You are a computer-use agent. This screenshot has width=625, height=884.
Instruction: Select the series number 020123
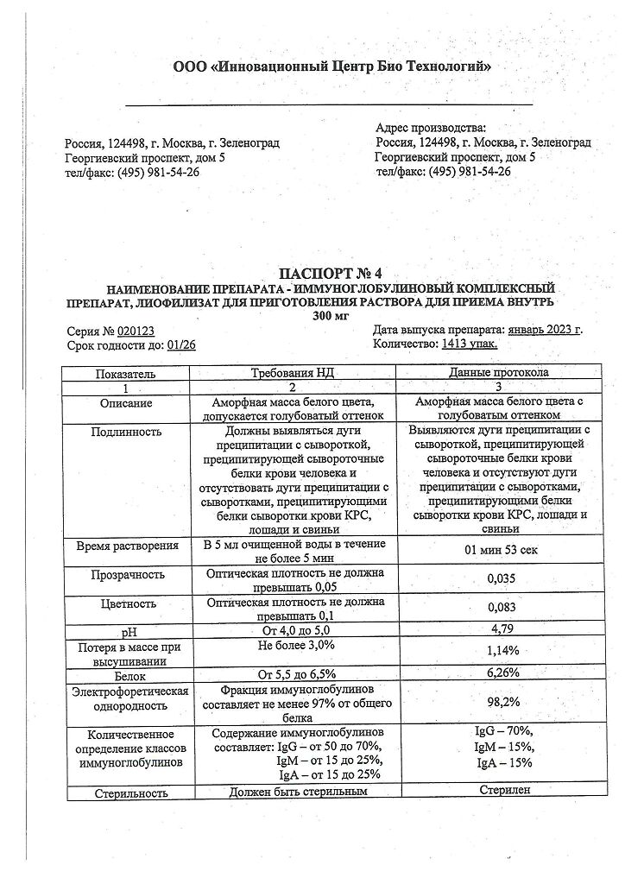(136, 331)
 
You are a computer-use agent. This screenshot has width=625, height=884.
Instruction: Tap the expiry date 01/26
(181, 344)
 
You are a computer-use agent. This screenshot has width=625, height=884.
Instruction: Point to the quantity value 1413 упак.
(470, 344)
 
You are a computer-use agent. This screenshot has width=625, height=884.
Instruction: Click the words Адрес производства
(431, 128)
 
